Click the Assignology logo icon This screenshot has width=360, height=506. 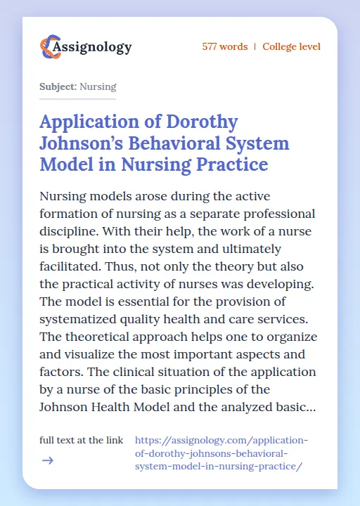[49, 47]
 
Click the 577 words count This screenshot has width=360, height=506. [224, 47]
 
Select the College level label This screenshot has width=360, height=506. [291, 47]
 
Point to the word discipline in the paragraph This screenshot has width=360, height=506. [75, 231]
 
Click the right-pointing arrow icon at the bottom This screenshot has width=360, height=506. [47, 460]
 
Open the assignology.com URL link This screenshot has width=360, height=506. [221, 453]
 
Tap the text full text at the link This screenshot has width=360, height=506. [82, 441]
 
